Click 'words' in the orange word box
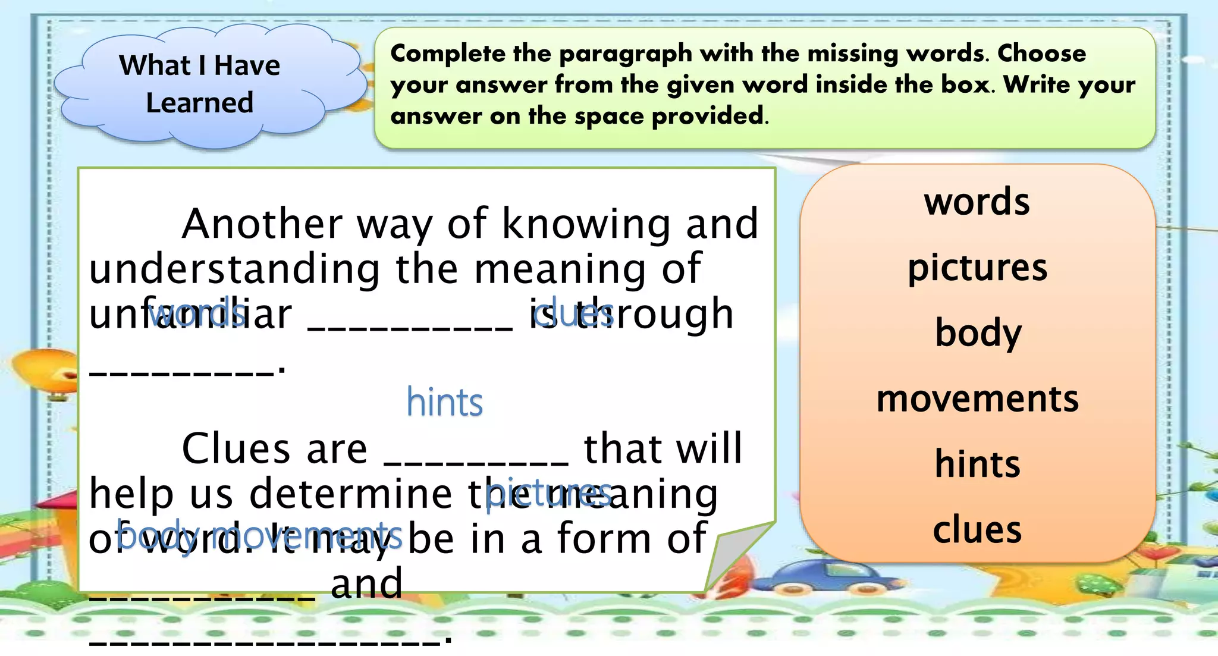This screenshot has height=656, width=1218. [977, 202]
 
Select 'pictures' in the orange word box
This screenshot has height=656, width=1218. [977, 268]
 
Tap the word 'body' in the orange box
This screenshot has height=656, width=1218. [978, 333]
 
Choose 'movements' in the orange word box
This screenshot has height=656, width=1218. [977, 398]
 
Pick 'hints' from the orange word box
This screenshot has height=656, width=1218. [977, 464]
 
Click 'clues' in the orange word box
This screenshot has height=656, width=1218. [977, 529]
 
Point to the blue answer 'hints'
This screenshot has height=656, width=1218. [444, 403]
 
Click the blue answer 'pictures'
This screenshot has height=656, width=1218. [548, 493]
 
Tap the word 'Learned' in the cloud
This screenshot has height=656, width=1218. [200, 103]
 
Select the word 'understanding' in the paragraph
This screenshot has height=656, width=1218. [234, 269]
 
